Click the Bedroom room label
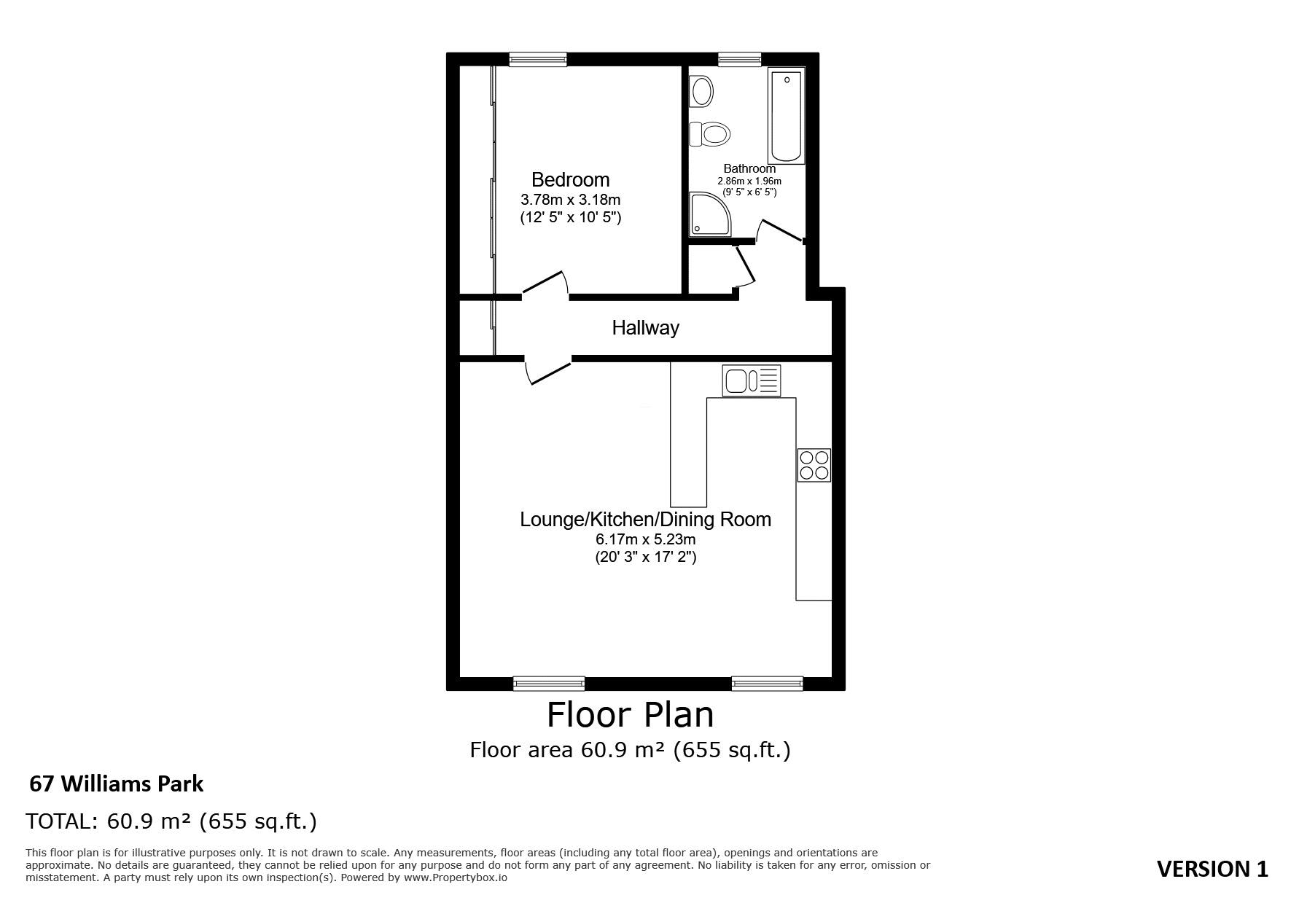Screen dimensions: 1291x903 click(x=570, y=179)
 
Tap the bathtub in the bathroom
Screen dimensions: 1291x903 click(x=786, y=117)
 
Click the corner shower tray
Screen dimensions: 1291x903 click(x=710, y=214)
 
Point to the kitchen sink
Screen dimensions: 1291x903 click(x=752, y=380)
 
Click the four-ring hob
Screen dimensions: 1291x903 click(x=814, y=465)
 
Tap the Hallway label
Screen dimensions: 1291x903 click(x=645, y=328)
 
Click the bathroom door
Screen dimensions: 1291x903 click(x=780, y=230)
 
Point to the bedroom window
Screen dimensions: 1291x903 click(x=538, y=60)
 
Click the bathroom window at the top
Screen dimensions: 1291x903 click(x=739, y=60)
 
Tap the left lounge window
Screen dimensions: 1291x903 click(x=549, y=683)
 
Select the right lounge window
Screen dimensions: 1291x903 click(x=767, y=683)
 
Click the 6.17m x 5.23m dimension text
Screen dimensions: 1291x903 click(x=645, y=540)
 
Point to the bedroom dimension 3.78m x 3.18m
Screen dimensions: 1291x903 click(x=570, y=199)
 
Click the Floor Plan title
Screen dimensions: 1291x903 click(x=631, y=714)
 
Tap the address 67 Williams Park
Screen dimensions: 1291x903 click(x=117, y=783)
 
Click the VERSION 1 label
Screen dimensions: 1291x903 click(x=1213, y=869)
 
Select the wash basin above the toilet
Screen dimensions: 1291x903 click(x=702, y=93)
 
